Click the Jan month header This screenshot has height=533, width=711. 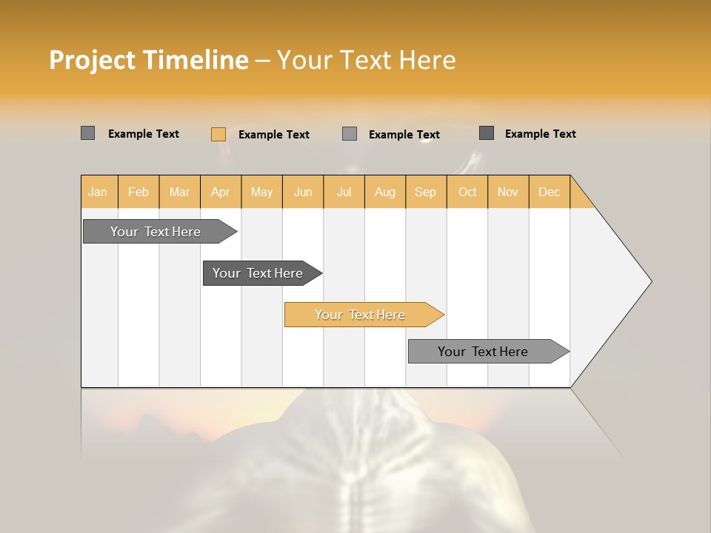[x=98, y=192]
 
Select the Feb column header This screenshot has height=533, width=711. [x=138, y=192]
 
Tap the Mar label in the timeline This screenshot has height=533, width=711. [x=179, y=192]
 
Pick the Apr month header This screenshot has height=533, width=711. [x=220, y=192]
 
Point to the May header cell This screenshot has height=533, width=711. [x=261, y=192]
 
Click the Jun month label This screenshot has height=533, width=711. [x=303, y=192]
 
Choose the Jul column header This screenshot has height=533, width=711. [x=344, y=192]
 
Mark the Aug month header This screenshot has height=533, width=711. [x=384, y=192]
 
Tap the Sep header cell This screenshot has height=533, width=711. [x=425, y=192]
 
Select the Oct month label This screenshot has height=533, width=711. [x=467, y=192]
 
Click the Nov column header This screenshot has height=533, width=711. [x=507, y=192]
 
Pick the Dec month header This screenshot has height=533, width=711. [x=549, y=192]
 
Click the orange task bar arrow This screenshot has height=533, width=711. [x=360, y=315]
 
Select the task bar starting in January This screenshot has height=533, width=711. [x=156, y=232]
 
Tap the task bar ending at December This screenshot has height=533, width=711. [x=483, y=352]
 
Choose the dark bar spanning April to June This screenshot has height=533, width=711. [x=258, y=273]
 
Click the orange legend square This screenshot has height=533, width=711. [x=218, y=134]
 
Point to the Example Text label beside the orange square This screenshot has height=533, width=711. [x=274, y=135]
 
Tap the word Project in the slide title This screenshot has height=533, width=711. [x=92, y=60]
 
